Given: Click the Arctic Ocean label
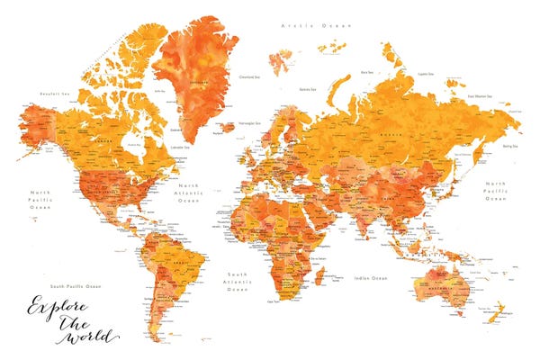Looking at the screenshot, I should tap(316, 26).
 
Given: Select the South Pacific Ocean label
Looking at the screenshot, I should tap(76, 285).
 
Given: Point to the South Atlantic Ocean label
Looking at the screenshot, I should tap(238, 281).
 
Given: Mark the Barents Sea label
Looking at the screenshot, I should tap(308, 89).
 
